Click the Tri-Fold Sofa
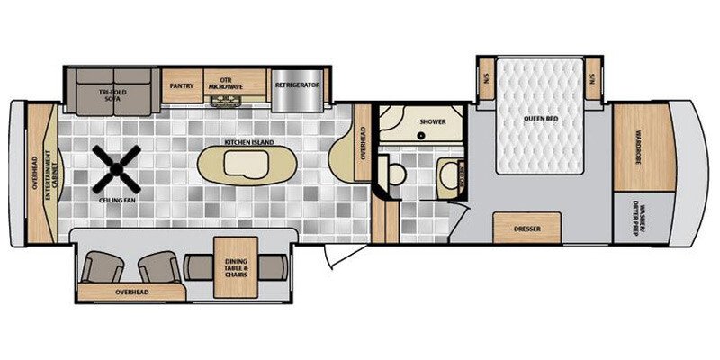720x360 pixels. [113, 86]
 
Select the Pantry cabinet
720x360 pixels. [183, 86]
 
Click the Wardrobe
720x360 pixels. [643, 145]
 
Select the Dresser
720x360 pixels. [526, 229]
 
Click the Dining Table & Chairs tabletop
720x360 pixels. [235, 266]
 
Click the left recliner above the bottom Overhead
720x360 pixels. [101, 267]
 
